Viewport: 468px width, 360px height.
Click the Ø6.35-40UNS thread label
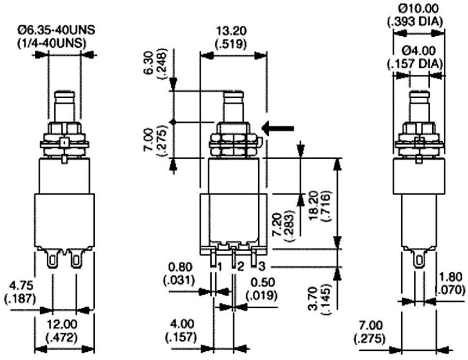pos(56,30)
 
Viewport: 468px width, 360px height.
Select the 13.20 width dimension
pos(231,30)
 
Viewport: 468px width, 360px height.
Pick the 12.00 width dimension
pos(62,324)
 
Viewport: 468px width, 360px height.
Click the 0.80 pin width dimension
pos(180,267)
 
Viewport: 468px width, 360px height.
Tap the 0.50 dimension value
pos(263,282)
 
